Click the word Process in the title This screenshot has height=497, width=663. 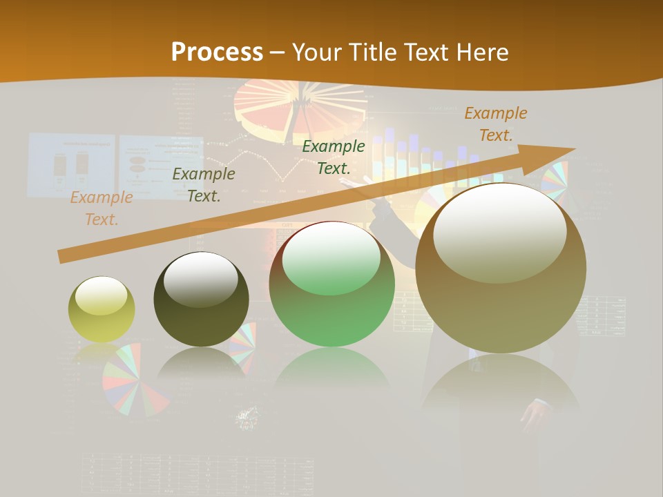tap(217, 52)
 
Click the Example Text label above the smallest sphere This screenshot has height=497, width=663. tap(102, 208)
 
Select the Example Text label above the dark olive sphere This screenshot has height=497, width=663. tap(204, 185)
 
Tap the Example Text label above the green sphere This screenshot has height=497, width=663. tap(334, 157)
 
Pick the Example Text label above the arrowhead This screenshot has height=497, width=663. tap(495, 124)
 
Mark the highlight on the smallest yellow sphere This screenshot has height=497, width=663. tap(102, 295)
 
